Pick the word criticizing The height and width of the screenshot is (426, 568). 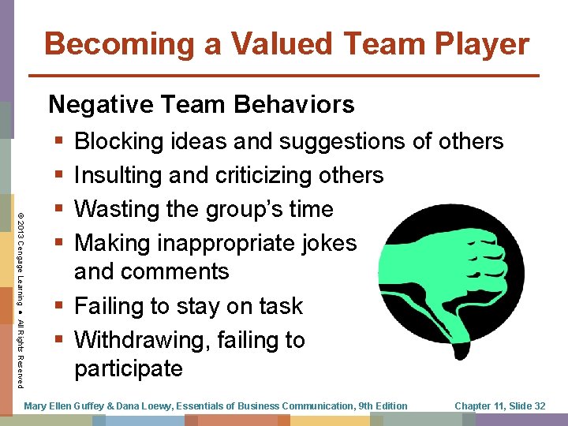(266, 175)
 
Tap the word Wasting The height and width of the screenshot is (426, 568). (121, 209)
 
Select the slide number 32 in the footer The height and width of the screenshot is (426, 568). (539, 405)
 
